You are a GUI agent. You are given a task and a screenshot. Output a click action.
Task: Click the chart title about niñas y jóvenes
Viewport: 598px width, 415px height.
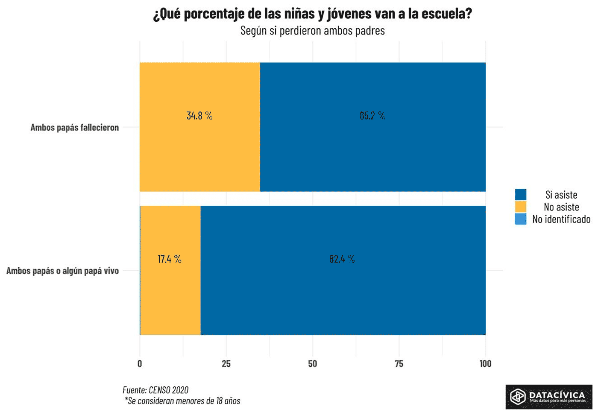[312, 14]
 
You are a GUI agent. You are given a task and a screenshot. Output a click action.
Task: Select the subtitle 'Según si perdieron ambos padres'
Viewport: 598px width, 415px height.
[312, 31]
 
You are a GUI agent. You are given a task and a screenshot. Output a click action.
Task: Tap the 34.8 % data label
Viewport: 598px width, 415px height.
[199, 116]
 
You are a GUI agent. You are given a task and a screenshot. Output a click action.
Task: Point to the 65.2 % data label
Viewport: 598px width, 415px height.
[372, 116]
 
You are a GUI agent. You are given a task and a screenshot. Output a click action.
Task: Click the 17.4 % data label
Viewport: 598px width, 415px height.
[170, 259]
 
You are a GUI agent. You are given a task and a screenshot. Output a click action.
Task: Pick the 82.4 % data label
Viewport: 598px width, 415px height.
[342, 259]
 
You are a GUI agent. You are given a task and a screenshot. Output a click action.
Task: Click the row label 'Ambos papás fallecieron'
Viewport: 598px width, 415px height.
[75, 128]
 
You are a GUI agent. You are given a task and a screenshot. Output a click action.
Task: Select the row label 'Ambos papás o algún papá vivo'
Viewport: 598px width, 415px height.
[62, 271]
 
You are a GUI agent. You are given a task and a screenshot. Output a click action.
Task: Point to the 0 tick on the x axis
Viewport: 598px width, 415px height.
[140, 364]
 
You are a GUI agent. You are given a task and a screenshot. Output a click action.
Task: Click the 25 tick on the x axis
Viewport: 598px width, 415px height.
[226, 364]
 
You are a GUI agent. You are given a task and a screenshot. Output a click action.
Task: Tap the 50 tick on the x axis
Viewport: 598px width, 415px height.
[313, 364]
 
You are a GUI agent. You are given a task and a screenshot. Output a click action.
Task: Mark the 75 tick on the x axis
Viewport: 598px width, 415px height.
[399, 364]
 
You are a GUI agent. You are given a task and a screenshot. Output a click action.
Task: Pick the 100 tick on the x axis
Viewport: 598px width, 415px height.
[485, 364]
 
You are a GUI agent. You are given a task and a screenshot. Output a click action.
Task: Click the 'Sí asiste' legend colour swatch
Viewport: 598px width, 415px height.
[521, 195]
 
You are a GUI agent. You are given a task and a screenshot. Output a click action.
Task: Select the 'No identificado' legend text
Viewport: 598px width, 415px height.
[561, 219]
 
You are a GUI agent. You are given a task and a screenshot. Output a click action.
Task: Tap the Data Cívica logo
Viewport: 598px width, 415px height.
[549, 397]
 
